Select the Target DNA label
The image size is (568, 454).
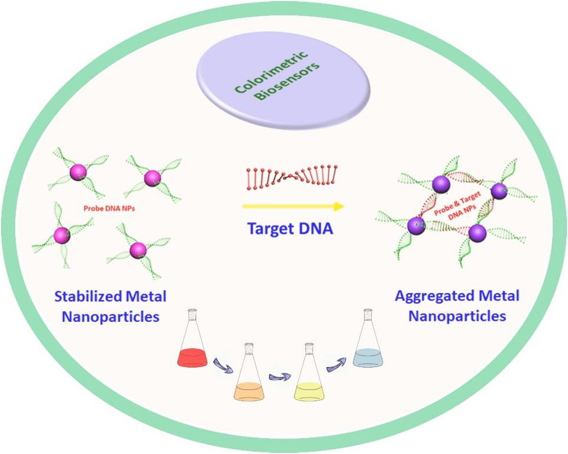click(290, 229)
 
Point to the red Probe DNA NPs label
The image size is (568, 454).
click(109, 208)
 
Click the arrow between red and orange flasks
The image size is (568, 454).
click(223, 366)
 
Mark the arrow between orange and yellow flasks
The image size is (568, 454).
click(280, 377)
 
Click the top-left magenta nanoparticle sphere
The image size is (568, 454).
click(78, 173)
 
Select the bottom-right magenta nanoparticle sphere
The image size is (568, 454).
click(138, 250)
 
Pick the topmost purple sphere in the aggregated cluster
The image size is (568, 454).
click(441, 184)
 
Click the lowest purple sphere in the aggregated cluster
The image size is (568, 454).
click(478, 233)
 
